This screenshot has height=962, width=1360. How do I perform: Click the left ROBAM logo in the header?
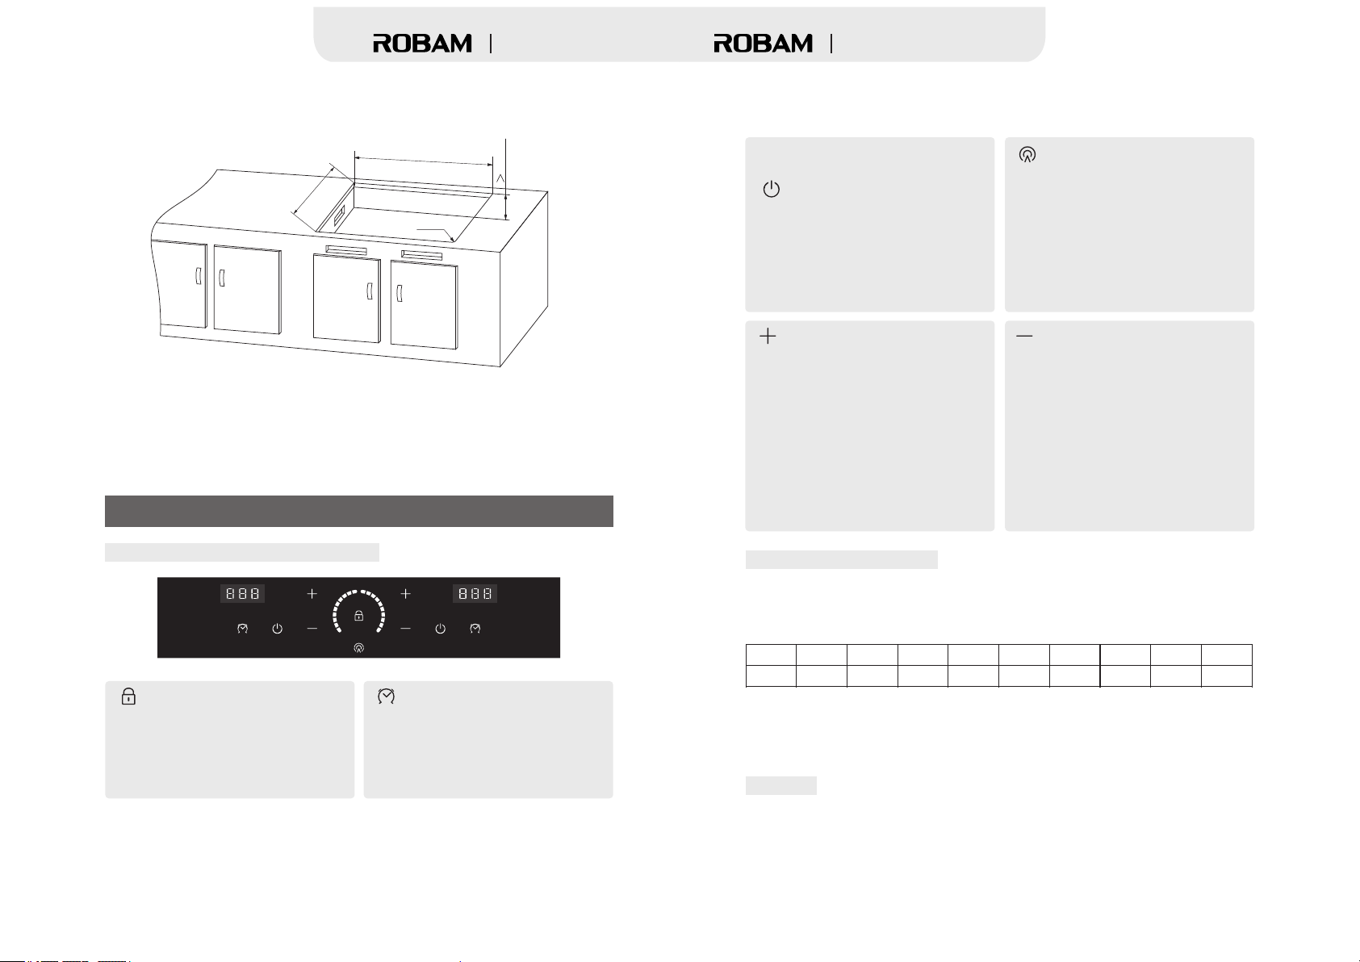(x=422, y=44)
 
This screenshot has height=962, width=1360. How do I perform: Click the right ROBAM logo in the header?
(x=763, y=44)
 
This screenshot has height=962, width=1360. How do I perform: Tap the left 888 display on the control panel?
(x=242, y=594)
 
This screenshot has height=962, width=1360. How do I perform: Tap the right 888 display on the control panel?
(x=475, y=594)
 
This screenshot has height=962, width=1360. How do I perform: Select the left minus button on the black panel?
(x=312, y=629)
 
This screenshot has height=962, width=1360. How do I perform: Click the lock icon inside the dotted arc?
(x=359, y=616)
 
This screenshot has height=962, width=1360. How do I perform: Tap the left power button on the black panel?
(x=278, y=629)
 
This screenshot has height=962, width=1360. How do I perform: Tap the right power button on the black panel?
(x=440, y=629)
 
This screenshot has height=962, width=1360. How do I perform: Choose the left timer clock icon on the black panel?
(x=242, y=629)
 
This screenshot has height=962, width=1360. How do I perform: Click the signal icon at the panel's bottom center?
(x=359, y=648)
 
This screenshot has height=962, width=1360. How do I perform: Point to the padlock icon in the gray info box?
(x=128, y=696)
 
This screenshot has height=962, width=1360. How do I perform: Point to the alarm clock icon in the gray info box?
(x=386, y=696)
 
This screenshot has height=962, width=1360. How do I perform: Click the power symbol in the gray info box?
(x=771, y=190)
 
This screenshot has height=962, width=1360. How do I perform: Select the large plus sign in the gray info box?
(x=768, y=337)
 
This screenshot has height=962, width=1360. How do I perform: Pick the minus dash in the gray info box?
(x=1024, y=336)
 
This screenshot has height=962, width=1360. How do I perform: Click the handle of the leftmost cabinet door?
(x=198, y=276)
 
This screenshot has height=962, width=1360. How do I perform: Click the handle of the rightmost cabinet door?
(x=399, y=294)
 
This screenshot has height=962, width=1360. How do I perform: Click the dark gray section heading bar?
(x=359, y=511)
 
